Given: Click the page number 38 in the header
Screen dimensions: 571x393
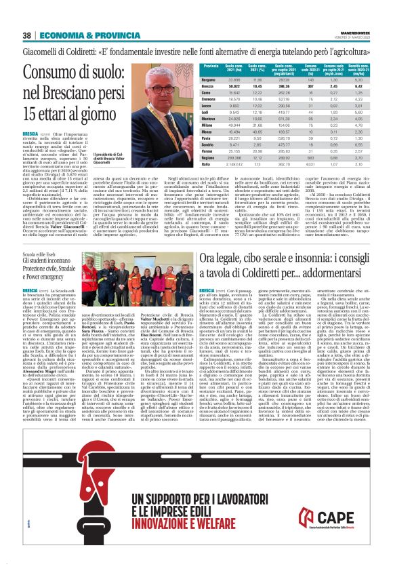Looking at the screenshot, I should pyautogui.click(x=27, y=35).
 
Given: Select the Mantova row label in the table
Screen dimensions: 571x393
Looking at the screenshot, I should pyautogui.click(x=211, y=119).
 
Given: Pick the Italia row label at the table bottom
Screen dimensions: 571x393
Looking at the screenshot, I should pyautogui.click(x=208, y=164).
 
